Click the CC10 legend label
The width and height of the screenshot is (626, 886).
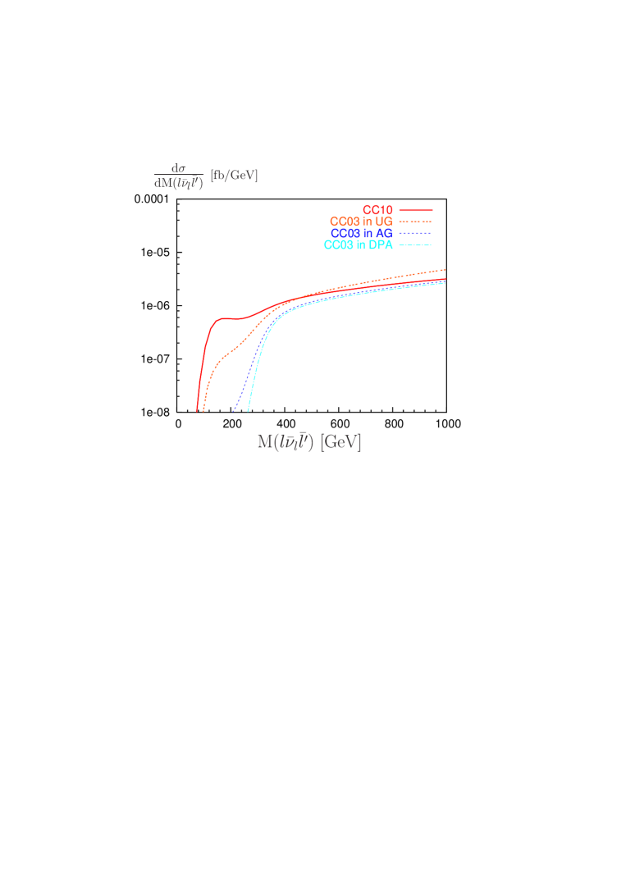point(377,210)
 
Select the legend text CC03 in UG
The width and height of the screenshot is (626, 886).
point(361,221)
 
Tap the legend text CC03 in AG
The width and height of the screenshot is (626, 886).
point(362,233)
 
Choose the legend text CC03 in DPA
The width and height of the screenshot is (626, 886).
point(359,244)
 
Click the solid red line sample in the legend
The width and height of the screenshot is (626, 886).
point(415,210)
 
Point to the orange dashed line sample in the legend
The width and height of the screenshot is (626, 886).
point(415,221)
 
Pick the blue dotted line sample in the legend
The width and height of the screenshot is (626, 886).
point(415,233)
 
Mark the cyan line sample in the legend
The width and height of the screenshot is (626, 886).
point(415,244)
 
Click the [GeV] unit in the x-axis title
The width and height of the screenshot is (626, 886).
point(340,442)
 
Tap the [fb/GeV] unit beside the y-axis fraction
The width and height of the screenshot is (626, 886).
point(234,175)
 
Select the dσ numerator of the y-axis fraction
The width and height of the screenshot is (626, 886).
point(179,168)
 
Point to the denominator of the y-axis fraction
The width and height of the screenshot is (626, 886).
point(179,183)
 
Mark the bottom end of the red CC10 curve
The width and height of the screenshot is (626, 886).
point(197,411)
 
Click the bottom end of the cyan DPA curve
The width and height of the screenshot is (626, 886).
point(248,410)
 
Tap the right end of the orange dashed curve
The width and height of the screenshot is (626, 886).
point(446,269)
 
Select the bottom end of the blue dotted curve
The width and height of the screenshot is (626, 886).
point(233,411)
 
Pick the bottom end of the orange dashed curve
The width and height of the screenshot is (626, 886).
point(203,410)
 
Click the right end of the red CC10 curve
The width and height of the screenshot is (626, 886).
point(446,279)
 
